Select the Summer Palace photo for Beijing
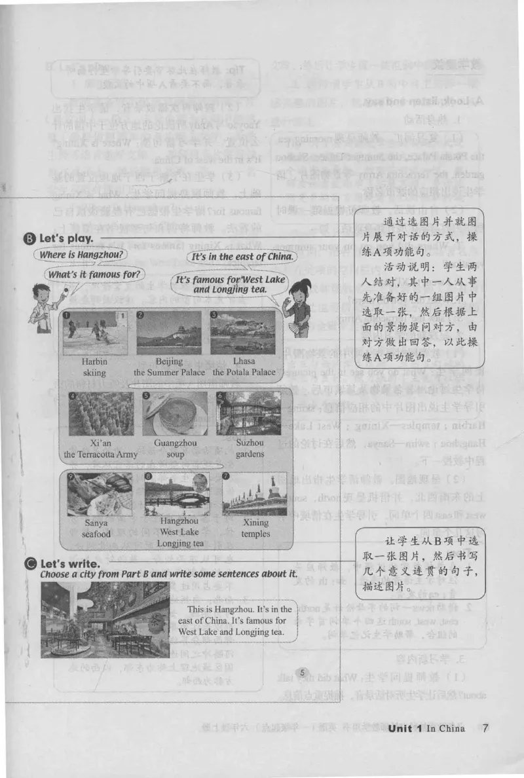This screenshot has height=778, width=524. coord(169,332)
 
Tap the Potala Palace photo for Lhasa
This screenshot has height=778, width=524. coord(242,332)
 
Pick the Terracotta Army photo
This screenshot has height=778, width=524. coord(100,414)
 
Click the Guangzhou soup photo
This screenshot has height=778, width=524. coord(175,414)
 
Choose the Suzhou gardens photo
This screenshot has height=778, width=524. coord(248,414)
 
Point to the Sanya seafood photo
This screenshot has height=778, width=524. coord(99,494)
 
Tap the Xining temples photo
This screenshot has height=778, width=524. coord(255,494)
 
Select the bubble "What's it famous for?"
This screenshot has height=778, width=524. coord(95,274)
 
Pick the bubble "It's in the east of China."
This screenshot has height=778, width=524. coord(242,257)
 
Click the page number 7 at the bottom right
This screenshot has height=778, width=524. coord(485,728)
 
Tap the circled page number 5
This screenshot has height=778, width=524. coord(301,673)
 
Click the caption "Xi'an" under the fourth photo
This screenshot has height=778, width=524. coord(100,442)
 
